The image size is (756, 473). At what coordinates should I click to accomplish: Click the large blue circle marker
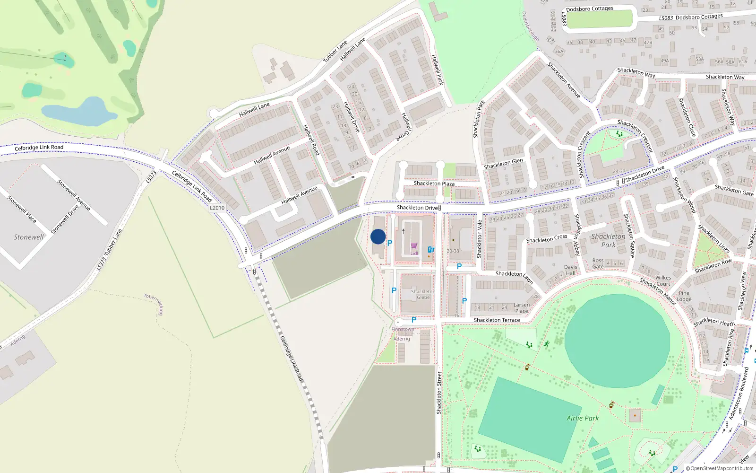pyautogui.click(x=378, y=236)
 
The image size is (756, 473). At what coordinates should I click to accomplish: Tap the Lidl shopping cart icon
pyautogui.click(x=414, y=245)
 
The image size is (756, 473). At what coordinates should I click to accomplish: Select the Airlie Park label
pyautogui.click(x=583, y=418)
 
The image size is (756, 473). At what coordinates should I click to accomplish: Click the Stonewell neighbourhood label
pyautogui.click(x=28, y=237)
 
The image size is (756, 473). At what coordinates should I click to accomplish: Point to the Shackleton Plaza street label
pyautogui.click(x=434, y=184)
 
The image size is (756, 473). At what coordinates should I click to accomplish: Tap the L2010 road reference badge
pyautogui.click(x=217, y=208)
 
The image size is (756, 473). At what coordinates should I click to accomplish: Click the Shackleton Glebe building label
pyautogui.click(x=423, y=294)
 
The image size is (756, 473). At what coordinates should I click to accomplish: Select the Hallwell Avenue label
pyautogui.click(x=272, y=155)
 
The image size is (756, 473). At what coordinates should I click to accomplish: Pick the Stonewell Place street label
pyautogui.click(x=22, y=209)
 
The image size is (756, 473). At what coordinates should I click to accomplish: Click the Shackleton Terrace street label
pyautogui.click(x=497, y=320)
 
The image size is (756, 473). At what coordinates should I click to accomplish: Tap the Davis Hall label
pyautogui.click(x=570, y=270)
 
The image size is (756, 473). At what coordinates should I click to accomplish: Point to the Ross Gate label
pyautogui.click(x=598, y=263)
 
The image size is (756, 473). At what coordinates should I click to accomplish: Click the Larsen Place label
pyautogui.click(x=522, y=308)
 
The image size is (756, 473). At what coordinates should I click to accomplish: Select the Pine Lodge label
pyautogui.click(x=684, y=296)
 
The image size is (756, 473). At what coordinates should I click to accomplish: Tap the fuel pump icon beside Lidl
pyautogui.click(x=431, y=249)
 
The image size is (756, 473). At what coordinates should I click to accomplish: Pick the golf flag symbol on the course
pyautogui.click(x=65, y=58)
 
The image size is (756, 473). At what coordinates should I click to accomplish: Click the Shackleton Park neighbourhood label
pyautogui.click(x=608, y=240)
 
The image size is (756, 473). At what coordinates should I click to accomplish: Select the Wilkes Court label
pyautogui.click(x=663, y=281)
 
